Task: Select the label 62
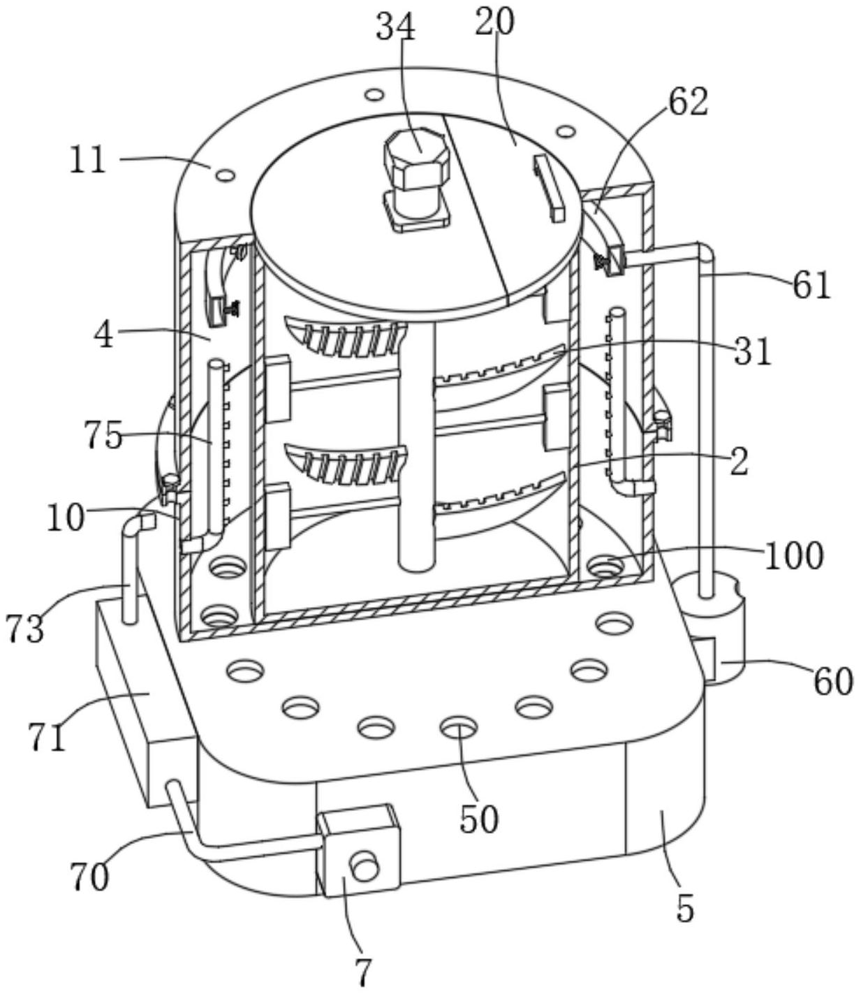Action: tap(688, 102)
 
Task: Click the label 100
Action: tap(794, 557)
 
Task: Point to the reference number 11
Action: tap(87, 161)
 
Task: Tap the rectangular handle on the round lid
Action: tap(549, 188)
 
